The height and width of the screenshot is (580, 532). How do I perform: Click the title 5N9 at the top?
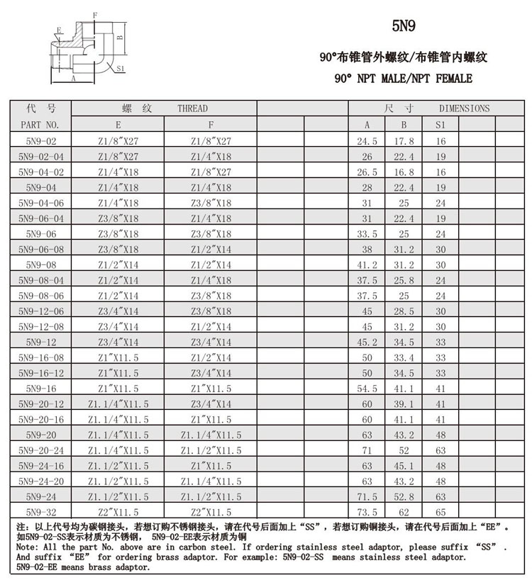(404, 26)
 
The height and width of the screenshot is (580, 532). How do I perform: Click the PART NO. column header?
(40, 125)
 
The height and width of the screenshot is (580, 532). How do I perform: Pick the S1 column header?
(440, 125)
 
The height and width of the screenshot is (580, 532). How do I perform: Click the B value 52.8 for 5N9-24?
(404, 496)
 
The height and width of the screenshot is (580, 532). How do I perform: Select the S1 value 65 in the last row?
(440, 512)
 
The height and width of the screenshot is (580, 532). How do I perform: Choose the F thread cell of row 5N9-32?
(211, 512)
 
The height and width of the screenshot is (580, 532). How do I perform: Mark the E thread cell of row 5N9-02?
(118, 141)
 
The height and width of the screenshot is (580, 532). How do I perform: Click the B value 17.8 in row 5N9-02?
(404, 141)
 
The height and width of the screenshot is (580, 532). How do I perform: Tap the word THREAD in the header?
(192, 108)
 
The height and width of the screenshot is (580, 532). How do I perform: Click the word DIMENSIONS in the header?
(464, 108)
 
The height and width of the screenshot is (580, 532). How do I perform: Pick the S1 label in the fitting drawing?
(121, 69)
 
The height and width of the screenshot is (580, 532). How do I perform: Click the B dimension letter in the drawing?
(121, 37)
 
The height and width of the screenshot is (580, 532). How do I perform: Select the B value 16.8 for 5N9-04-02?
(404, 172)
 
